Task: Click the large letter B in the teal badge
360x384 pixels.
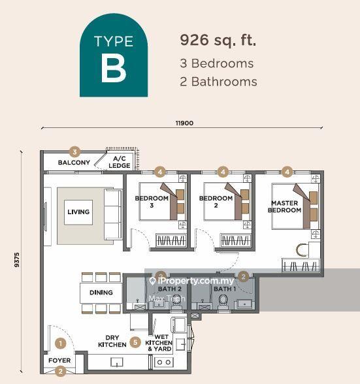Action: tap(113, 69)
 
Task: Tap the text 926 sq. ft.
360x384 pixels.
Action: tap(218, 40)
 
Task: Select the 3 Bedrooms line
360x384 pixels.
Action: tap(216, 64)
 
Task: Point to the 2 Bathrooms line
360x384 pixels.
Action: tap(218, 82)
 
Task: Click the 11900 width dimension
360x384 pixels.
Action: tap(184, 123)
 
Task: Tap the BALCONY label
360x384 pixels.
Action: tap(74, 163)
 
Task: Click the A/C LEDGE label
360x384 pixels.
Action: tap(119, 162)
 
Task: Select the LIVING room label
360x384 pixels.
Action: tap(78, 212)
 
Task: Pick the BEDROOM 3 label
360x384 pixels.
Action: tap(152, 202)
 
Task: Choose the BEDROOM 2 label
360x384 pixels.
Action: tap(216, 202)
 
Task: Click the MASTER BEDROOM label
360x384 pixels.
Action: tap(285, 206)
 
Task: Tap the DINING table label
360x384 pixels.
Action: tap(101, 293)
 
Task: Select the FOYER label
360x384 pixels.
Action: tap(60, 360)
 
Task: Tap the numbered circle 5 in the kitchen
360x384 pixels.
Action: tap(135, 342)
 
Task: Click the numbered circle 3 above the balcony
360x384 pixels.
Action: tap(75, 151)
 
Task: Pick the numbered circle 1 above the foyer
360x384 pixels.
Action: tap(61, 342)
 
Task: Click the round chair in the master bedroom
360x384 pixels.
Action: tap(302, 250)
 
